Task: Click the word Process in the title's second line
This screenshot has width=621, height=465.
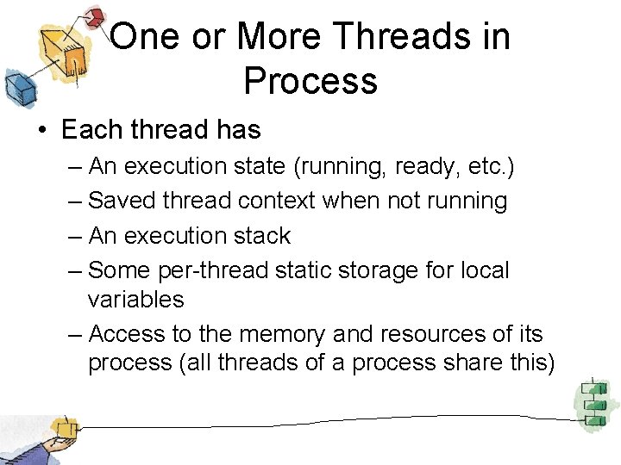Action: pos(310,80)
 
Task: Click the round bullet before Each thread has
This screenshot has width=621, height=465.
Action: pos(41,131)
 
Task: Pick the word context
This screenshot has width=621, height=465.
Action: pos(276,201)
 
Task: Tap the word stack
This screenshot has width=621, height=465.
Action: pos(262,236)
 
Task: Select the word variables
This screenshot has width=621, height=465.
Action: pos(135,300)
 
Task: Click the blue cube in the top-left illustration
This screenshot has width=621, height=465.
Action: pos(16,86)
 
